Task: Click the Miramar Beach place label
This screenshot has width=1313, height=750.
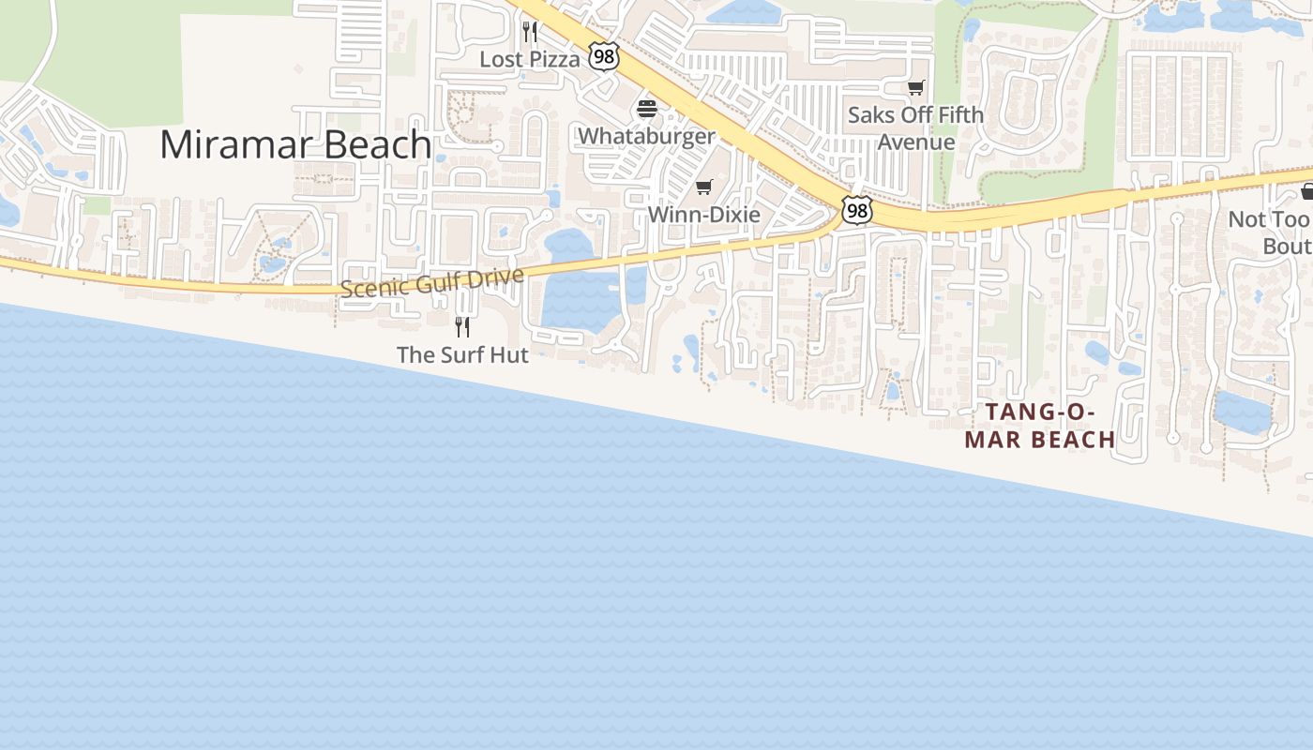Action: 295,144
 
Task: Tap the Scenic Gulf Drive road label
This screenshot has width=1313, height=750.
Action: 431,281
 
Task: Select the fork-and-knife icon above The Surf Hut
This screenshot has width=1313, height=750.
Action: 462,326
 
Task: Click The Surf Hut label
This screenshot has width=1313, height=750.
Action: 462,354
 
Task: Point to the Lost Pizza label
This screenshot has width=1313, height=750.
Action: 530,59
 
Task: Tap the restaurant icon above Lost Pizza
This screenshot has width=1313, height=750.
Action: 530,33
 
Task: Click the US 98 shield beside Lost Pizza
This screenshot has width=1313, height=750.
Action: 604,57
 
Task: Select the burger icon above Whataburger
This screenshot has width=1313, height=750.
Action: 646,109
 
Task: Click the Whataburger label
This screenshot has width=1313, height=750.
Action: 646,136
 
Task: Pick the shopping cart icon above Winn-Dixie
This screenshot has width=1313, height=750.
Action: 704,187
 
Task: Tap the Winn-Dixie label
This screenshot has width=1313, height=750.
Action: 704,214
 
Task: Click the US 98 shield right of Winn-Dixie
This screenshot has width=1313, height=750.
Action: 856,210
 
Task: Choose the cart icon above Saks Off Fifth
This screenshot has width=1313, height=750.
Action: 915,88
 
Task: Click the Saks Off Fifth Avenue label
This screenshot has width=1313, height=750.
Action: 915,128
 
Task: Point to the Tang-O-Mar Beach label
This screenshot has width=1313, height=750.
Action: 1040,426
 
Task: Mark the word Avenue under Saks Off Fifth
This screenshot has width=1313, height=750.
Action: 915,142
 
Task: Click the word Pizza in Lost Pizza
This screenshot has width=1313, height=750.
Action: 554,59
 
